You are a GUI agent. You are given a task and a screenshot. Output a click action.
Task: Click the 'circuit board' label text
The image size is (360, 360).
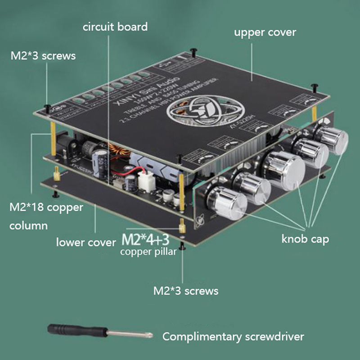115,27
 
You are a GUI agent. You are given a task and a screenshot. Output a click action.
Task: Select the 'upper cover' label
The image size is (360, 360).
265,32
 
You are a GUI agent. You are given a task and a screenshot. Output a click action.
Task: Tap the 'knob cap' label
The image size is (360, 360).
305,239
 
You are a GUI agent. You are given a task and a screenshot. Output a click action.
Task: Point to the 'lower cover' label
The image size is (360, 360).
86,243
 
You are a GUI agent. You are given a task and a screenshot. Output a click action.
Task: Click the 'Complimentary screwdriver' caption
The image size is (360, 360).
233,337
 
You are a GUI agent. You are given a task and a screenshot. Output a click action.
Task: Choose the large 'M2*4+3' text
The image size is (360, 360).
150,238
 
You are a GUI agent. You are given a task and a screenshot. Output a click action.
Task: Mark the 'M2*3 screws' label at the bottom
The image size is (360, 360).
186,291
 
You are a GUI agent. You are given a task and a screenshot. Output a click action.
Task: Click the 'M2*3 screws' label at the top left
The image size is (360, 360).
43,56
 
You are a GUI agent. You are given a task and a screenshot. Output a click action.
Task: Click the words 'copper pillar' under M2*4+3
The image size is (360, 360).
148,252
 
